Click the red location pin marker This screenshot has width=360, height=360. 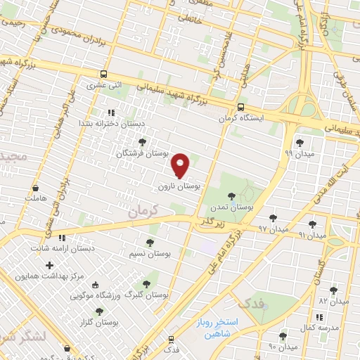[x=181, y=165]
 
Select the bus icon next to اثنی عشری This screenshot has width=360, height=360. [x=104, y=74]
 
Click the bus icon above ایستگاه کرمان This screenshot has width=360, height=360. [x=240, y=108]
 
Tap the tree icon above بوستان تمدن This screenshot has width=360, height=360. [x=232, y=197]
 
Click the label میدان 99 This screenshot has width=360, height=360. [x=298, y=153]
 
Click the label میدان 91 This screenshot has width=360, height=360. [x=312, y=235]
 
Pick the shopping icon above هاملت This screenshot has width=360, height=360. [x=35, y=188]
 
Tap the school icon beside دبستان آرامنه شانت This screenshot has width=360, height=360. [x=62, y=238]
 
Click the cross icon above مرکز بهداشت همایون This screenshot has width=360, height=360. [x=49, y=266]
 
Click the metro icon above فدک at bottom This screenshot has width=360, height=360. [x=171, y=338]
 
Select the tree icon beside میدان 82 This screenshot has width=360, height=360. [x=333, y=290]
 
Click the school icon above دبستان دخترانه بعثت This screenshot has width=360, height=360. [x=110, y=112]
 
